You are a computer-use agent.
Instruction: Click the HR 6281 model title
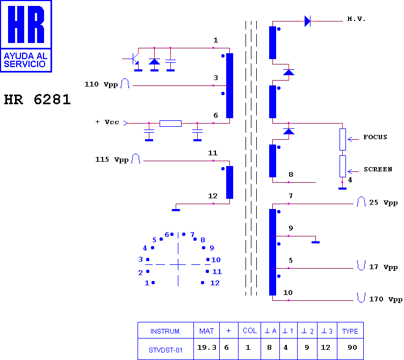(x=38, y=99)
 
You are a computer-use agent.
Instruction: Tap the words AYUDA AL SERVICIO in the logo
(x=25, y=60)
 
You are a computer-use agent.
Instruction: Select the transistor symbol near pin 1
(x=134, y=59)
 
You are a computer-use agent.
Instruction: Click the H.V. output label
(x=356, y=19)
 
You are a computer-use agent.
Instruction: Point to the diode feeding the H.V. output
(x=307, y=21)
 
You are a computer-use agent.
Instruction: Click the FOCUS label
(x=375, y=137)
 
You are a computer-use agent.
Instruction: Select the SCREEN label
(x=378, y=169)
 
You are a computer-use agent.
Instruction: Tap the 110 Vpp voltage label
(x=101, y=84)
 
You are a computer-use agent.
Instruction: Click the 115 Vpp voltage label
(x=112, y=160)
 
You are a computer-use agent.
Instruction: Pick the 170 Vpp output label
(x=386, y=299)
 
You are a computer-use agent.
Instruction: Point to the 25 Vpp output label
(x=384, y=203)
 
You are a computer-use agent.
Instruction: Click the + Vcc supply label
(x=107, y=122)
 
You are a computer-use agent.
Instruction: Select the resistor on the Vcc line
(x=170, y=124)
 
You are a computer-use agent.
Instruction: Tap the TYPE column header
(x=350, y=331)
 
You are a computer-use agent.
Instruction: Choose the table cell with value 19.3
(x=207, y=347)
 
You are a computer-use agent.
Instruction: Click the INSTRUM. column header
(x=165, y=331)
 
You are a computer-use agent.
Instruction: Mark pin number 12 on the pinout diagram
(x=215, y=283)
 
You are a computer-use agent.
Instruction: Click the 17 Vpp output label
(x=384, y=267)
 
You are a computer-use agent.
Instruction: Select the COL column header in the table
(x=250, y=331)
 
